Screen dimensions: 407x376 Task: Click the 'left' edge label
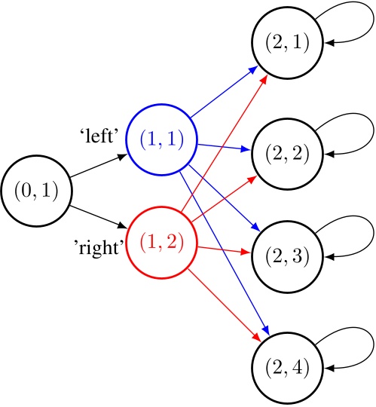pos(102,136)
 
